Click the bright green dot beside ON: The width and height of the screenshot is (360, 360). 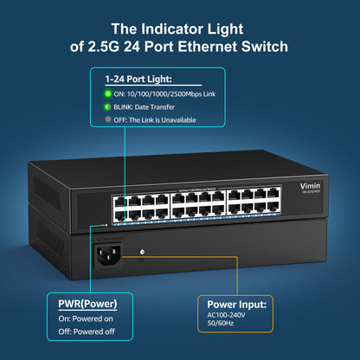tap(109, 93)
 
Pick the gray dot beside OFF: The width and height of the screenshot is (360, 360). tap(109, 119)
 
